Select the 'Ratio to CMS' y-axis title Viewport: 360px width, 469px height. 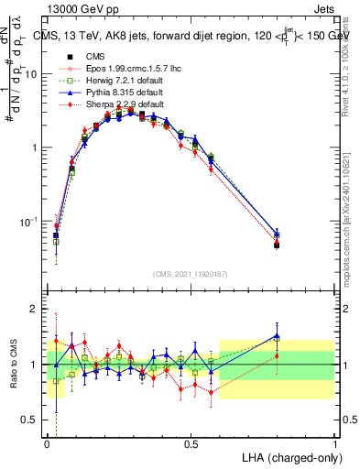click(x=12, y=365)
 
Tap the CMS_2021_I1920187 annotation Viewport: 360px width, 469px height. click(x=191, y=273)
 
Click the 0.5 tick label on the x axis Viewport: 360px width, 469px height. click(x=191, y=443)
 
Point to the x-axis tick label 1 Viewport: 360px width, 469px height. click(x=334, y=443)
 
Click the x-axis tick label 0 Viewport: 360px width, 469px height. click(x=48, y=443)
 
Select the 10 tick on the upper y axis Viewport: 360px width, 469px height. click(x=30, y=74)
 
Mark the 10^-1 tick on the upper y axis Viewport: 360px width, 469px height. click(x=28, y=222)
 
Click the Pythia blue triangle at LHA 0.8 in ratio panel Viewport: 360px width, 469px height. click(x=277, y=336)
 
